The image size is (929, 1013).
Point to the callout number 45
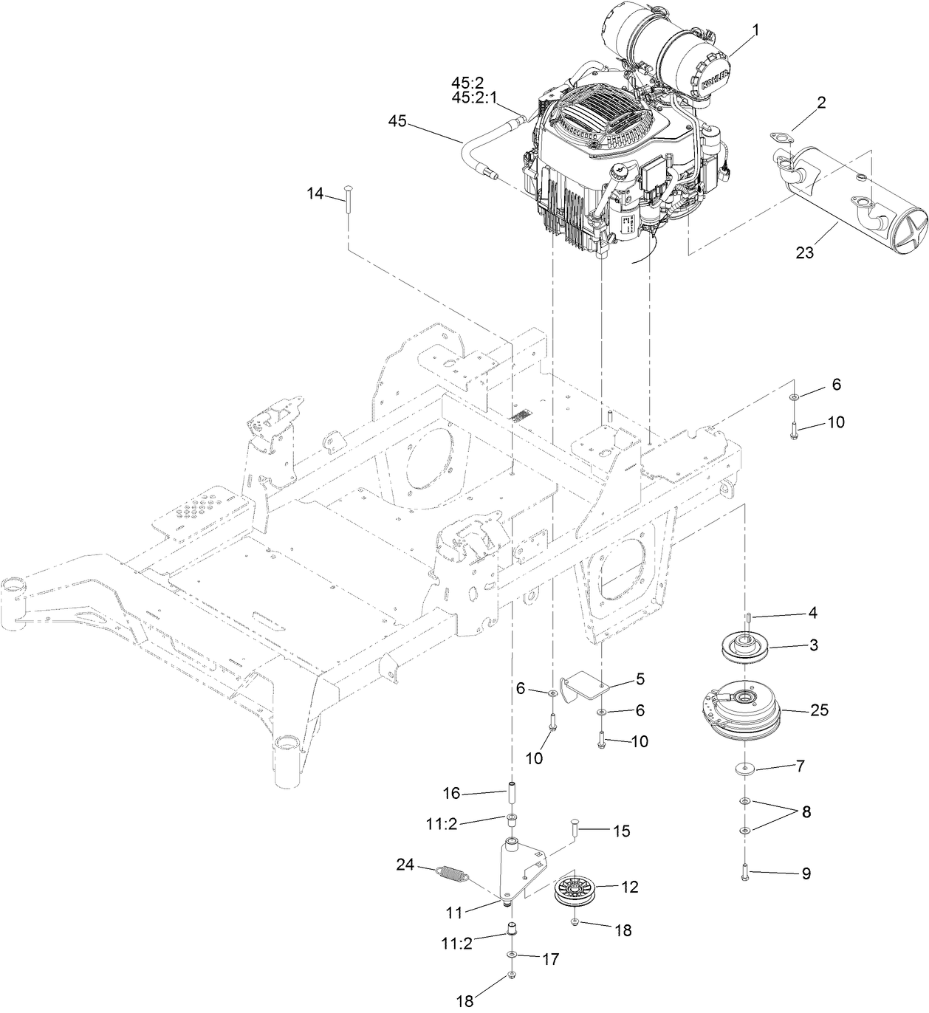point(397,122)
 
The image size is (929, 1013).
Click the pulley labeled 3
point(738,645)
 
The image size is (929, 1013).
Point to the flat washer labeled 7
point(744,770)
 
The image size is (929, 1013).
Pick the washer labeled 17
point(511,957)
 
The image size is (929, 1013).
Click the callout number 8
point(805,811)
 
